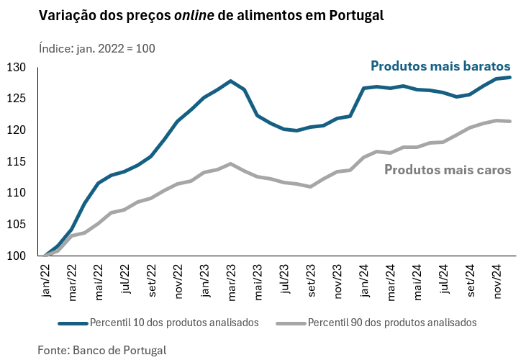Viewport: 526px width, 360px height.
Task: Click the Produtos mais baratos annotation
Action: point(440,66)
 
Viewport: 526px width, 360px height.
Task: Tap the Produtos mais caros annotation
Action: point(448,170)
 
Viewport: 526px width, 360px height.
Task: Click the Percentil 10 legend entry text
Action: point(173,322)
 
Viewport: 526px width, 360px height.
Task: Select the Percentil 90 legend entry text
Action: point(391,322)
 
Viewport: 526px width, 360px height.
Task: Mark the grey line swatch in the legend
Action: point(290,322)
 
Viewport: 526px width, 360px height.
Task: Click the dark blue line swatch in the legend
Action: point(72,322)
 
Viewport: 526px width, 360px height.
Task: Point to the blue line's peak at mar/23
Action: point(230,81)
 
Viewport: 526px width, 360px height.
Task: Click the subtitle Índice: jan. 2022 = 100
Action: point(96,48)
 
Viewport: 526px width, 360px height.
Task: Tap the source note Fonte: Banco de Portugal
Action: point(102,350)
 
